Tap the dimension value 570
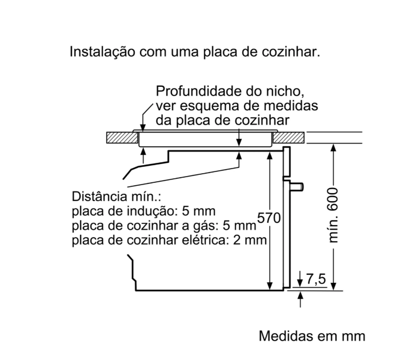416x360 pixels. tap(269, 218)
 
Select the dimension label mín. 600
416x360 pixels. tap(335, 214)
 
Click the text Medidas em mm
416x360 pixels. tap(311, 335)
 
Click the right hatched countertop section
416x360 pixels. tap(288, 137)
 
